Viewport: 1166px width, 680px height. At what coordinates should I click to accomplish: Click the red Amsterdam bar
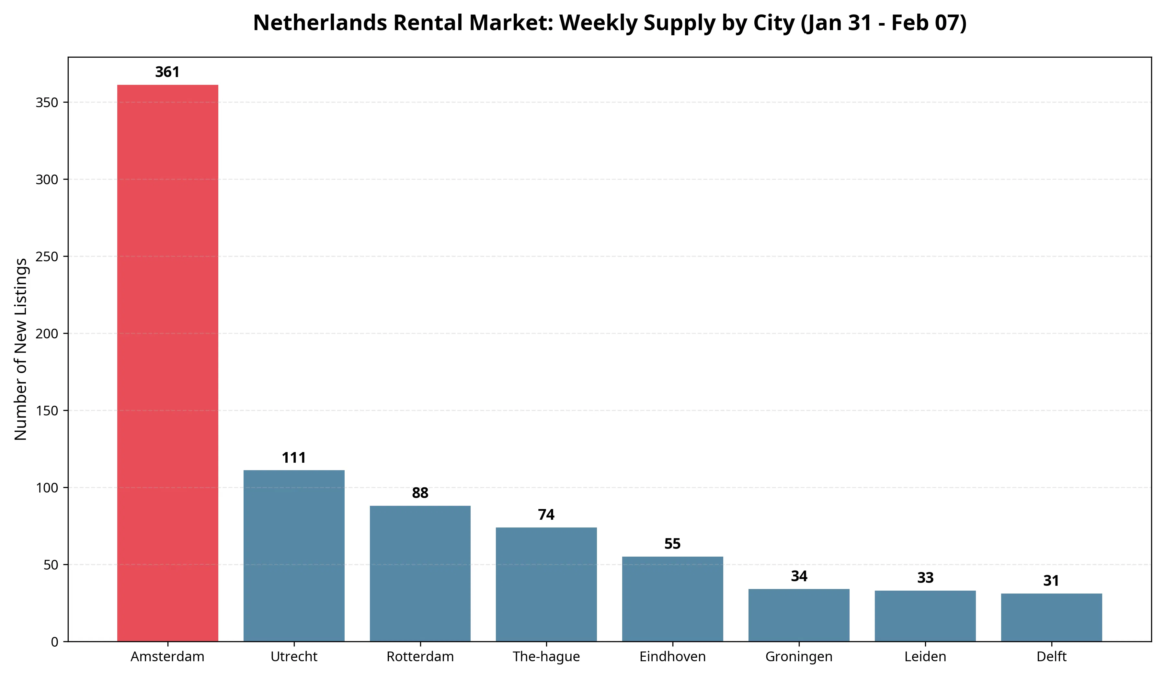click(167, 363)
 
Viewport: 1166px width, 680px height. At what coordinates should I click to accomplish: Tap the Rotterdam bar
click(420, 573)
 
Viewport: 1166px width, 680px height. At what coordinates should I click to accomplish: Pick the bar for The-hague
click(546, 584)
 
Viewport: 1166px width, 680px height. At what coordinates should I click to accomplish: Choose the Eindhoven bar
click(672, 599)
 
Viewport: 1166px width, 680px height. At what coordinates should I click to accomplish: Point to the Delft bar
click(1051, 618)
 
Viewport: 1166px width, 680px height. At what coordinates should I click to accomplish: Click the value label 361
click(167, 72)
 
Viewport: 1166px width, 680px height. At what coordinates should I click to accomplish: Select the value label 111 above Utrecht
click(294, 458)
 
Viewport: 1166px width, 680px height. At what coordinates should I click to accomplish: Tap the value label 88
click(420, 493)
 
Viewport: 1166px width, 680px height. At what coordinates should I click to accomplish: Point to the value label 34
click(799, 576)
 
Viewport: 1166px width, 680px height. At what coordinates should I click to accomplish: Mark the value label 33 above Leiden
click(925, 578)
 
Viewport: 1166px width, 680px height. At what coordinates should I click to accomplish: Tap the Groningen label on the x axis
click(799, 657)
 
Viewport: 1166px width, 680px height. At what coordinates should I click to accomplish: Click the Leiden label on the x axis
click(925, 657)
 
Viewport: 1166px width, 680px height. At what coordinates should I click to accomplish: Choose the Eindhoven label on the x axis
click(672, 657)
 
